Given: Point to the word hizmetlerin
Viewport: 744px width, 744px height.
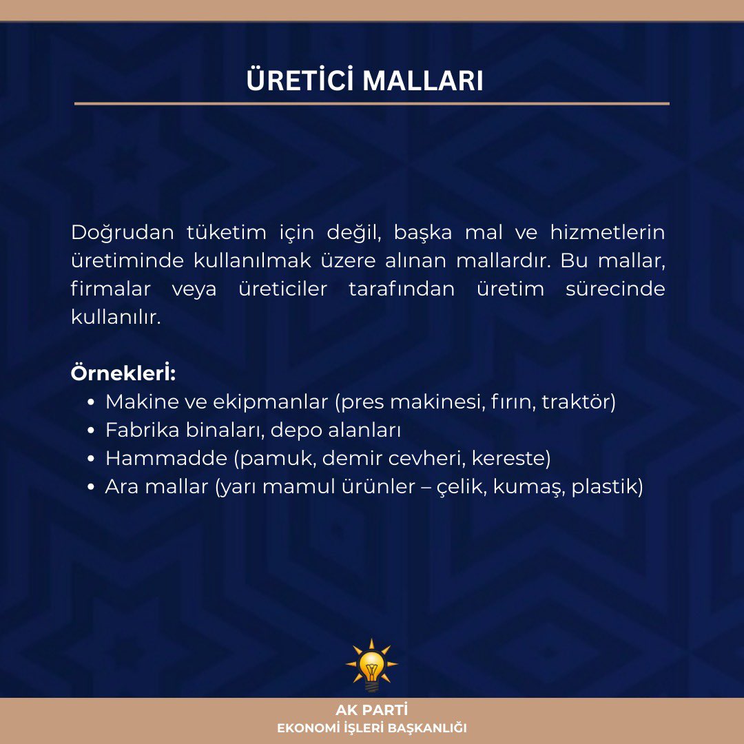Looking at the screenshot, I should [607, 233].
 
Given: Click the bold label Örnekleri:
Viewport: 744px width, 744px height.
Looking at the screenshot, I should [123, 374].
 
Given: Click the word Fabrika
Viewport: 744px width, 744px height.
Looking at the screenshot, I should [141, 430].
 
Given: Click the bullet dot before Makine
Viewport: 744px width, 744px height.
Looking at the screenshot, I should [92, 402].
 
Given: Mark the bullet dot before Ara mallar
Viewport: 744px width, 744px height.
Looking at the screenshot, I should [92, 487].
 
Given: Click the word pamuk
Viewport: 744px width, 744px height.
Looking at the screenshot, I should [282, 459].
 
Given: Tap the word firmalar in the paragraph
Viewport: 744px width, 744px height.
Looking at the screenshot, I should [110, 289].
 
